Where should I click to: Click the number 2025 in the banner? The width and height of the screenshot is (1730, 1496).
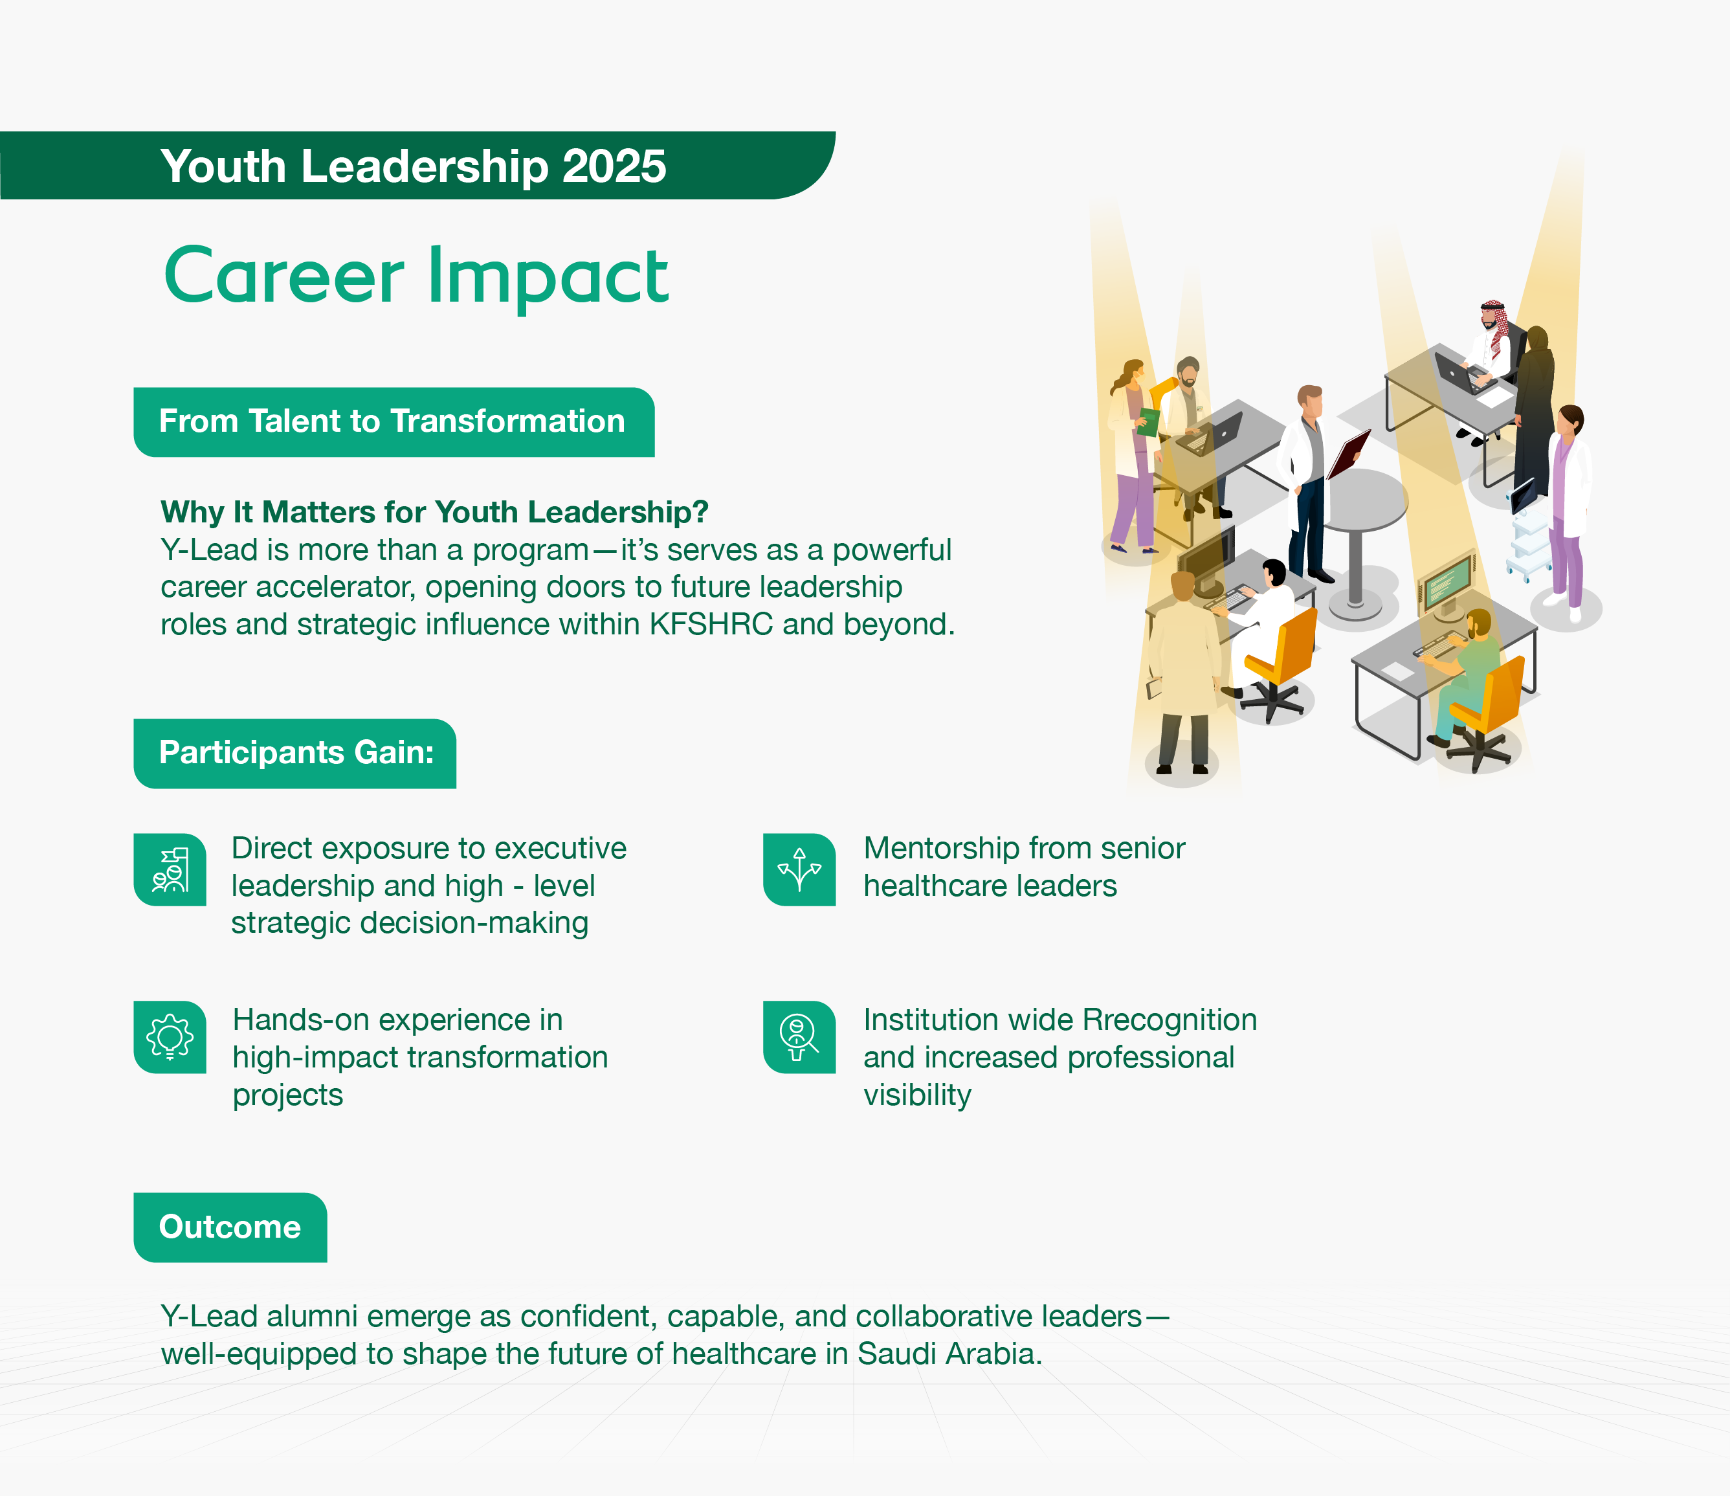point(614,166)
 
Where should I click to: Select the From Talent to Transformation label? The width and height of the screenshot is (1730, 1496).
point(392,422)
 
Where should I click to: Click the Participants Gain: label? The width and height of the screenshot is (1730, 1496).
point(296,753)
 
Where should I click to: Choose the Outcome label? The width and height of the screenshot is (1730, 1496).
point(230,1227)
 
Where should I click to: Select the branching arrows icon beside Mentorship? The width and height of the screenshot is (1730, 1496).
point(799,869)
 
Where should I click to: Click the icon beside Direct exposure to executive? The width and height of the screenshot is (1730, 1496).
point(170,869)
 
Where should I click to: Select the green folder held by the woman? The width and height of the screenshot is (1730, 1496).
point(1149,422)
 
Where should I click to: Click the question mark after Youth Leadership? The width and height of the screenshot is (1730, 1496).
point(700,512)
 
